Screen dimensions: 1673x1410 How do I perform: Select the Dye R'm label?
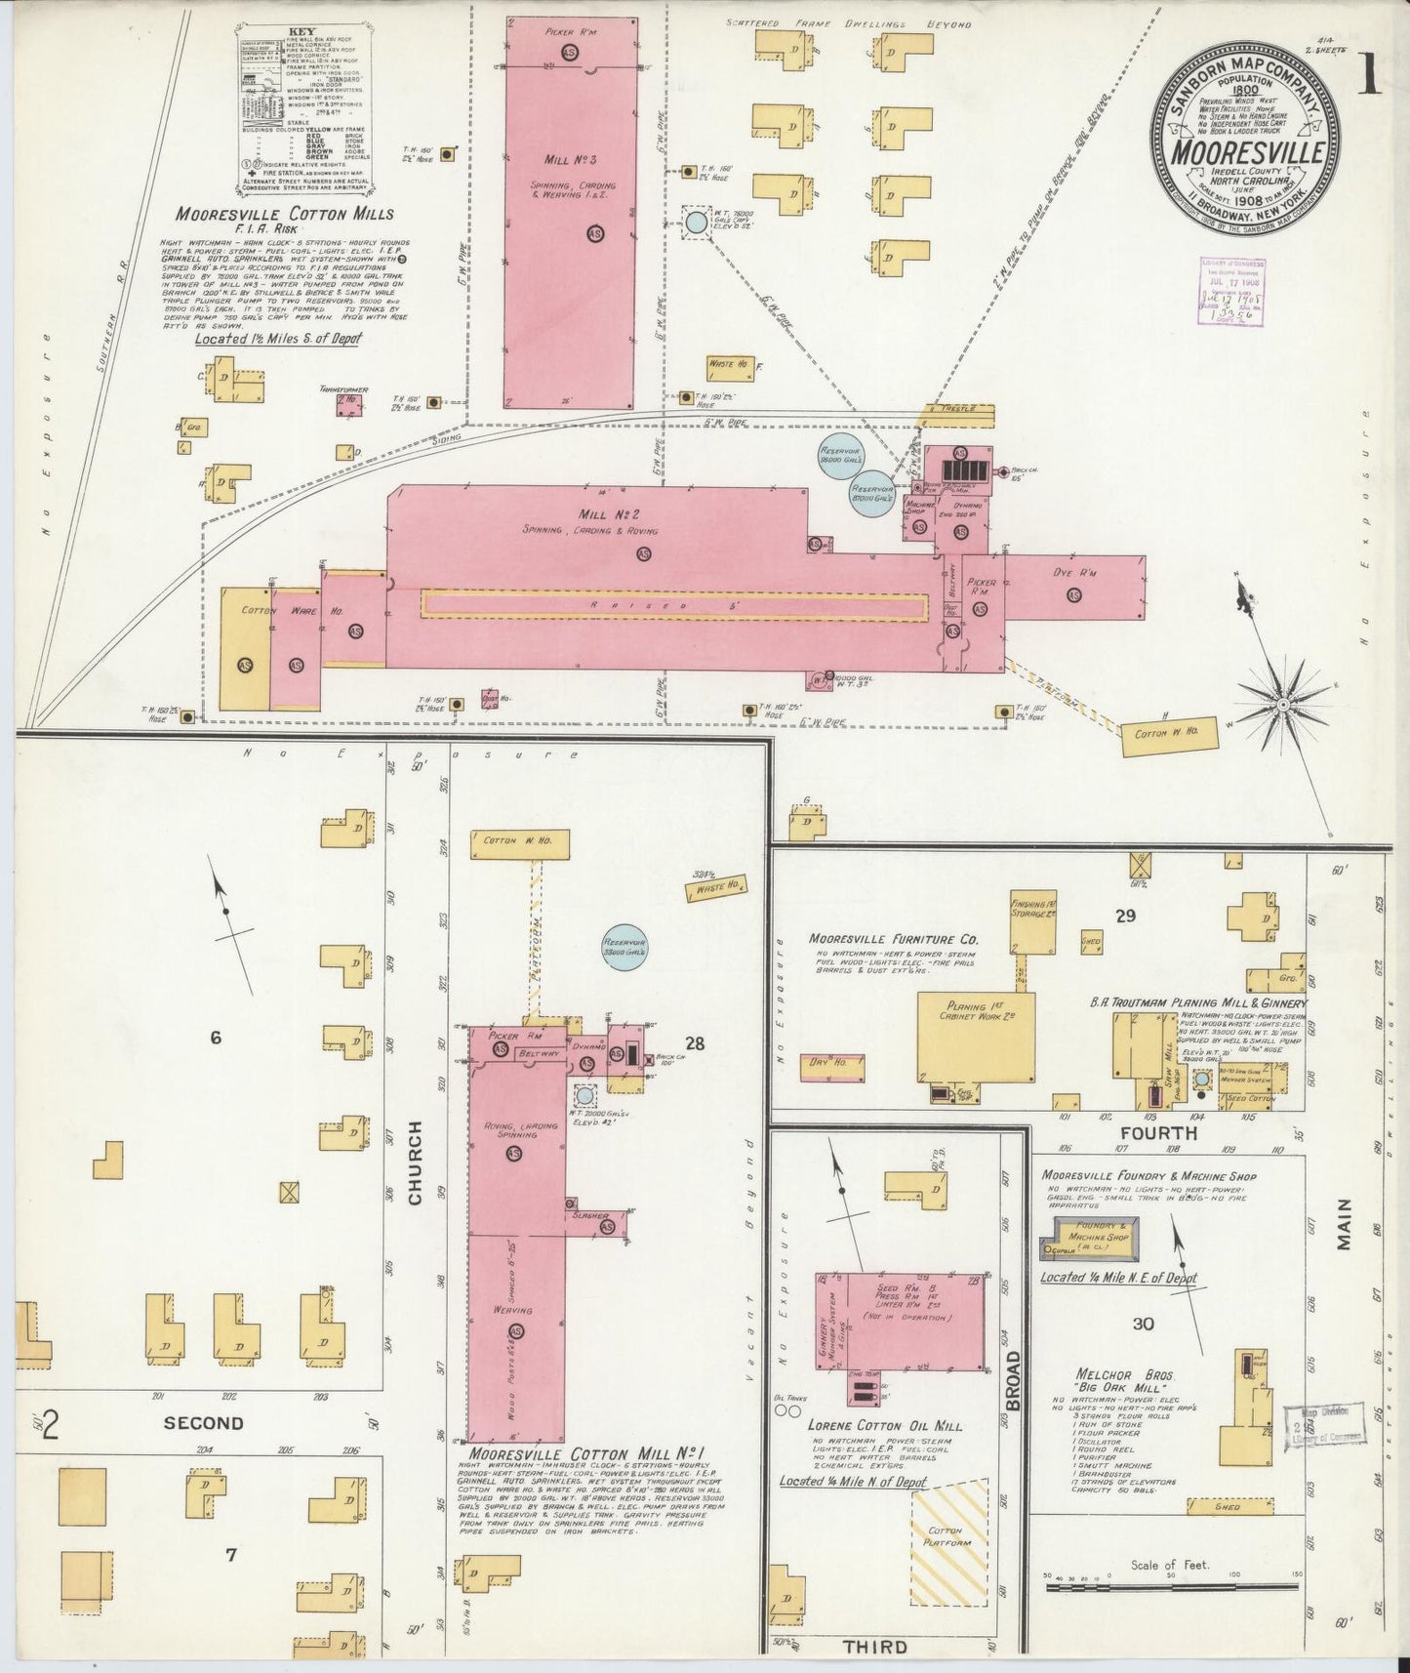pyautogui.click(x=1074, y=573)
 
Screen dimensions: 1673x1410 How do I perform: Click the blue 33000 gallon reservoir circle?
pyautogui.click(x=624, y=947)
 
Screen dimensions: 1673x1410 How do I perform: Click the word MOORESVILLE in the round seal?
pyautogui.click(x=1248, y=154)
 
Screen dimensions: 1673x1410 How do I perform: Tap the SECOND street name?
pyautogui.click(x=203, y=1423)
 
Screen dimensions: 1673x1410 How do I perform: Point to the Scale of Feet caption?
pyautogui.click(x=1170, y=1566)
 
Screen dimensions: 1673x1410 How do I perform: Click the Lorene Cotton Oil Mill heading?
pyautogui.click(x=886, y=1426)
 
